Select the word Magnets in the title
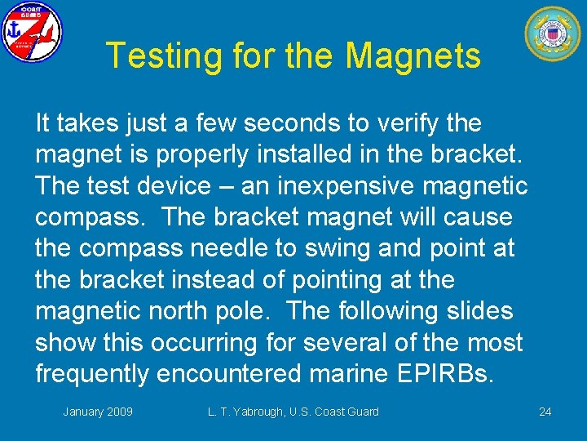(x=413, y=56)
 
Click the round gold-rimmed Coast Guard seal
(x=552, y=34)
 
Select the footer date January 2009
(x=98, y=412)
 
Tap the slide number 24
(x=545, y=412)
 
